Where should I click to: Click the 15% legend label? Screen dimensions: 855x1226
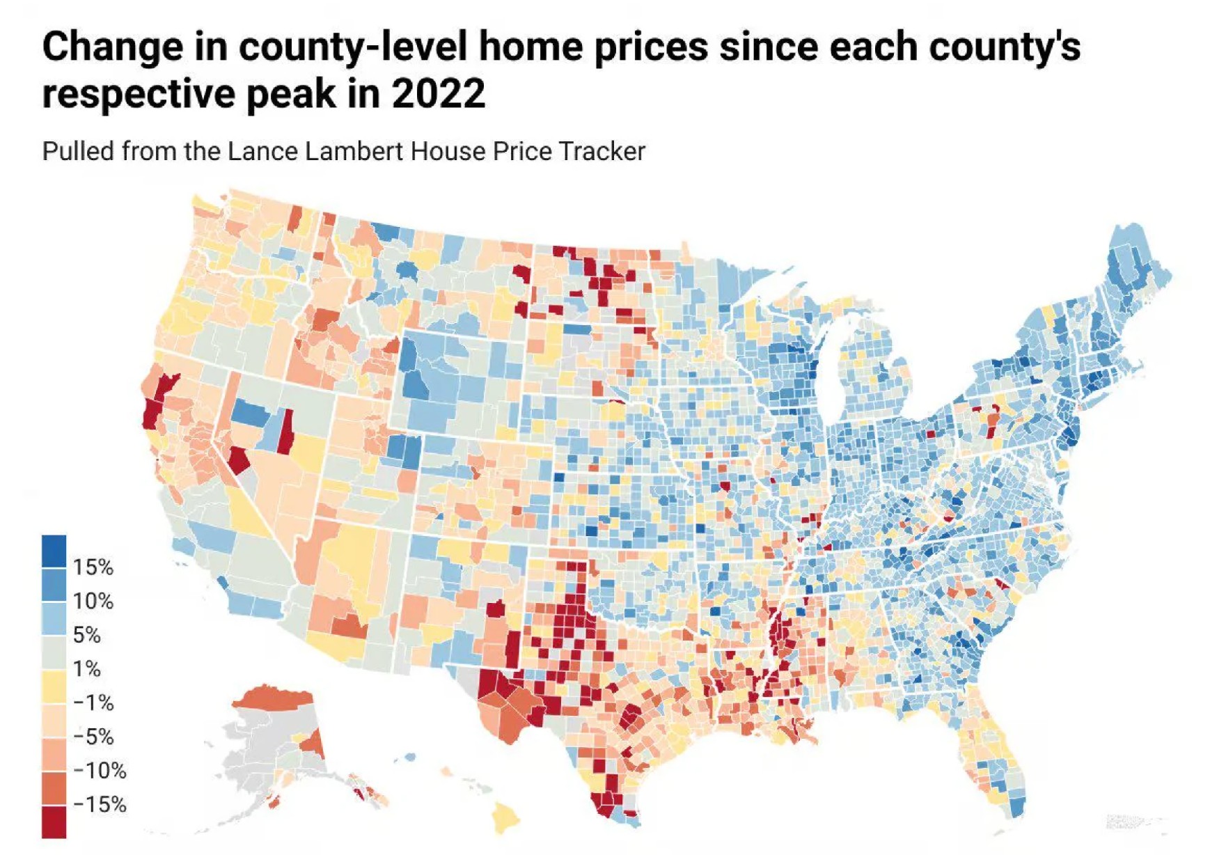(93, 567)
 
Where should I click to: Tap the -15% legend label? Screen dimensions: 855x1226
(100, 805)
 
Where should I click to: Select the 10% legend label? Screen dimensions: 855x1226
(93, 601)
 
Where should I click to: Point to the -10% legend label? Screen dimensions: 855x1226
(100, 771)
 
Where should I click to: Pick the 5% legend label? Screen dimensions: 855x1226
(87, 635)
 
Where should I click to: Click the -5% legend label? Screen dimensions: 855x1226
(94, 737)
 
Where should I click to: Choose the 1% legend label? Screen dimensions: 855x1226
(87, 669)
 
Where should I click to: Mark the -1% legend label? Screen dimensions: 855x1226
(94, 703)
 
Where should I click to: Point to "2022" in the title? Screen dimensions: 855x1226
(439, 94)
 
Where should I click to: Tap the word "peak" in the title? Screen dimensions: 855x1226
(291, 94)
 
